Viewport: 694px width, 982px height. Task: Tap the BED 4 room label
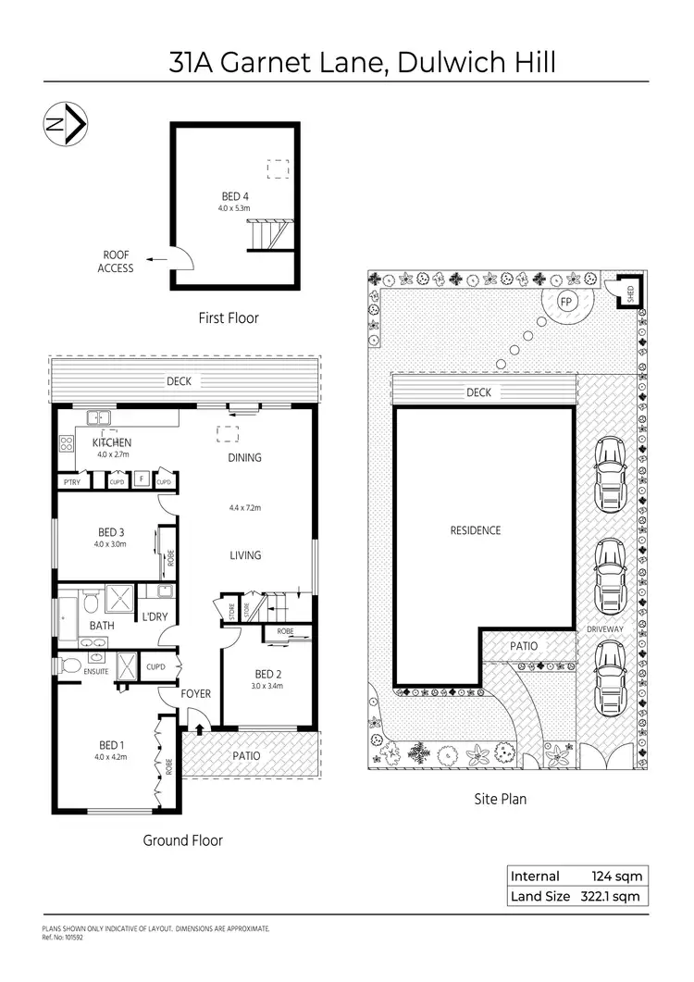click(235, 196)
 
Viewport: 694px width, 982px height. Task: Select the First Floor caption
click(229, 317)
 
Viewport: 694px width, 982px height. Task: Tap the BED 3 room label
click(111, 532)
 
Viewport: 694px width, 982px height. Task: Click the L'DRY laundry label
click(153, 616)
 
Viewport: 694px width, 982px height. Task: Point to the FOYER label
click(196, 693)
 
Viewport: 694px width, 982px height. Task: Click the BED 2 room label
click(267, 674)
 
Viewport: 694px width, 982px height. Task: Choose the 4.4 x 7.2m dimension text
click(245, 507)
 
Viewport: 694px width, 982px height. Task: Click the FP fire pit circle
click(565, 302)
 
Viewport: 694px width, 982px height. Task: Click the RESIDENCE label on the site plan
click(476, 530)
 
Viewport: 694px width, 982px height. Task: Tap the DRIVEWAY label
click(606, 629)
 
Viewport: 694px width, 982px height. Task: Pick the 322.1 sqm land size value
click(610, 896)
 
